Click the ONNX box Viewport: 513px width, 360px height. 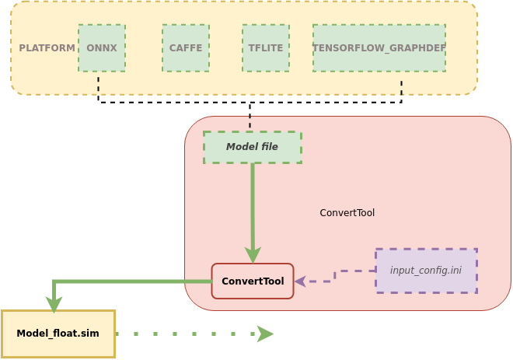pyautogui.click(x=102, y=48)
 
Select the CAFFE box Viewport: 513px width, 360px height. pyautogui.click(x=186, y=48)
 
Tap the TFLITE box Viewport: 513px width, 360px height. pyautogui.click(x=266, y=48)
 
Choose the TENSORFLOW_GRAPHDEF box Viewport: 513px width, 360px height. pyautogui.click(x=379, y=48)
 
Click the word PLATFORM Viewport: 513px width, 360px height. pyautogui.click(x=47, y=48)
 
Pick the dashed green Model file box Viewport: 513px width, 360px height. pyautogui.click(x=253, y=147)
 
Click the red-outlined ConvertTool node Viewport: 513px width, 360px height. pyautogui.click(x=253, y=281)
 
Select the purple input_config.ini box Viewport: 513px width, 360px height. pyautogui.click(x=426, y=271)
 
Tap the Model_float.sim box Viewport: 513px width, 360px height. pyautogui.click(x=58, y=334)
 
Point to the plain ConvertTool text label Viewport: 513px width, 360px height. pyautogui.click(x=347, y=213)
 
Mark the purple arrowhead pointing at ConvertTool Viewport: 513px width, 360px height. pyautogui.click(x=299, y=281)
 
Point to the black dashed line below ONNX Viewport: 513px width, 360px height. pyautogui.click(x=99, y=89)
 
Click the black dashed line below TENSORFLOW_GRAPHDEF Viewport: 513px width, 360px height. pyautogui.click(x=401, y=90)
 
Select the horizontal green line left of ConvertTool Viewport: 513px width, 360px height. pyautogui.click(x=132, y=281)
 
